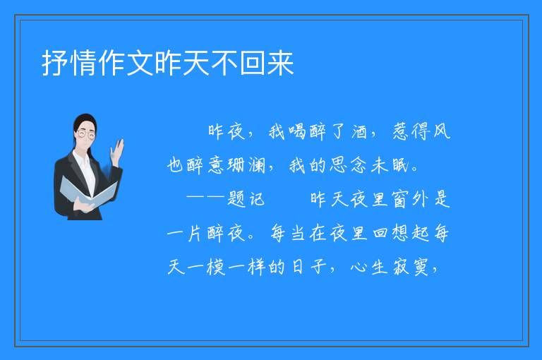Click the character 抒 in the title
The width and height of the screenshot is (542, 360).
tap(55, 63)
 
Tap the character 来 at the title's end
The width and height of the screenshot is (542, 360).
tap(281, 63)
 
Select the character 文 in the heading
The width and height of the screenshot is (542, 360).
tap(140, 63)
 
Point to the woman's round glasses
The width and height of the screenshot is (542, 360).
tap(85, 134)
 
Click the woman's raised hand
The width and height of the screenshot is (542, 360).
tap(118, 152)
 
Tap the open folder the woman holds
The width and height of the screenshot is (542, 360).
tap(88, 193)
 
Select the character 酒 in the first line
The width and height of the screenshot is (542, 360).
tap(359, 131)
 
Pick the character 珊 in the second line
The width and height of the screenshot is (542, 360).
tap(236, 165)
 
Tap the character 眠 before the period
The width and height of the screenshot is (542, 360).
tap(401, 165)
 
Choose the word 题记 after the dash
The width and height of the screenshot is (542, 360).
tap(246, 199)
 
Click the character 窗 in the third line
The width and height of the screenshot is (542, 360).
tap(400, 199)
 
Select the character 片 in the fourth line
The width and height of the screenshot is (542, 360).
tap(195, 233)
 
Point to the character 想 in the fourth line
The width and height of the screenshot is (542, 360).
tap(401, 233)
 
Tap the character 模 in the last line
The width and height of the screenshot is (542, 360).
tap(216, 267)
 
